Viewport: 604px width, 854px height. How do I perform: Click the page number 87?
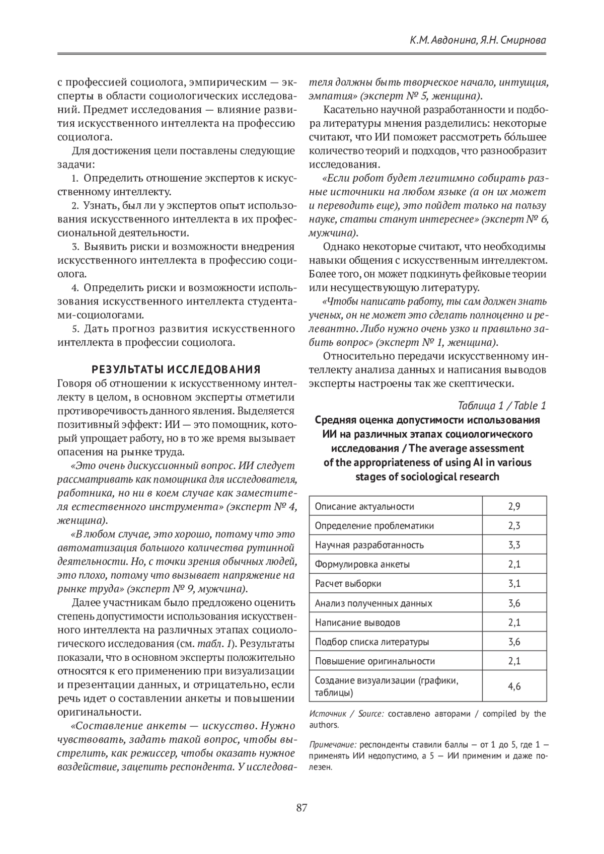tap(301, 808)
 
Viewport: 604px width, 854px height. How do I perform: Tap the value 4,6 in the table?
tap(514, 686)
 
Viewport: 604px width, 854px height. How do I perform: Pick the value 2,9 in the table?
tap(514, 507)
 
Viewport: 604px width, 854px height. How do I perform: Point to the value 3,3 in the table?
tap(514, 545)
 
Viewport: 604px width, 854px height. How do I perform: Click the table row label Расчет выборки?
tap(348, 584)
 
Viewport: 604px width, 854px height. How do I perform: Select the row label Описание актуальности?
tap(364, 507)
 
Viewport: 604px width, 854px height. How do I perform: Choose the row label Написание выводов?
tap(357, 623)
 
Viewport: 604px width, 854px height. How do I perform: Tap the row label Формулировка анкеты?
tap(362, 564)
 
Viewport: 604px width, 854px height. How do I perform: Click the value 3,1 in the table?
tap(514, 584)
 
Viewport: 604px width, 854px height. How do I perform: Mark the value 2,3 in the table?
tap(514, 526)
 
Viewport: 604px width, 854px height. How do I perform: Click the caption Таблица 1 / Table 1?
tap(502, 406)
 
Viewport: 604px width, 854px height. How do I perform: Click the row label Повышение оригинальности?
tap(375, 661)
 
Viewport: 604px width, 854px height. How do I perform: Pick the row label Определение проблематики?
tap(374, 526)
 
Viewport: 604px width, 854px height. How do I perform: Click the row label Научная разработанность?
tap(369, 545)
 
